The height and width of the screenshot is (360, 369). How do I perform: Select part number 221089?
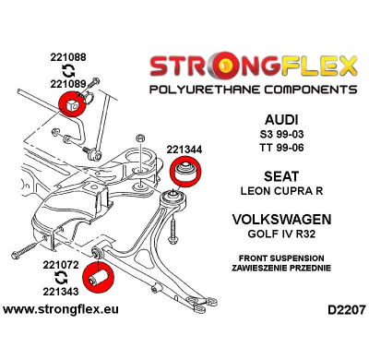70,85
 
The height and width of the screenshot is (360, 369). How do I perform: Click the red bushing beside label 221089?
68,104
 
